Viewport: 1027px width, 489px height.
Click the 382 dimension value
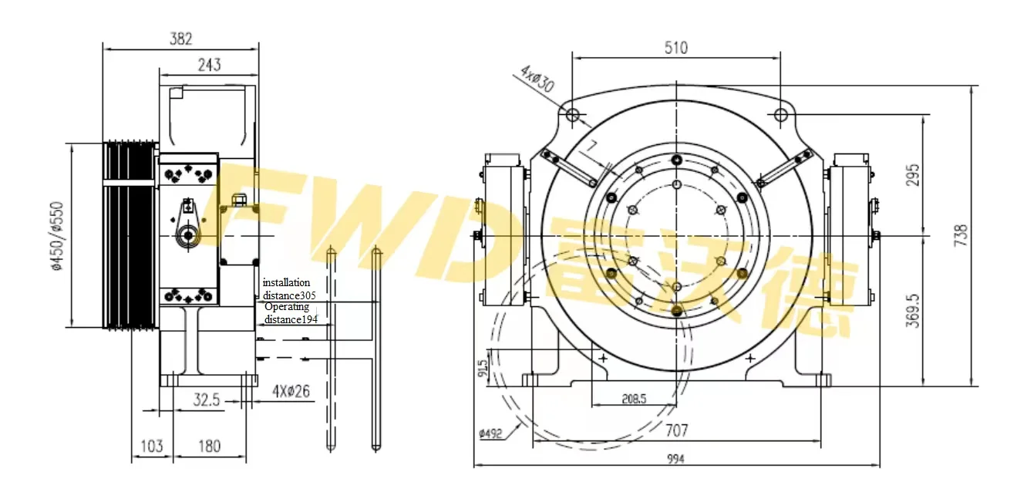click(x=181, y=39)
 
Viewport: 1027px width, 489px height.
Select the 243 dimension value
click(x=208, y=65)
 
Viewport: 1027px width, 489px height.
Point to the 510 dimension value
click(x=675, y=48)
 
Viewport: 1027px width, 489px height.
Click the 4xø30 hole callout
click(x=537, y=79)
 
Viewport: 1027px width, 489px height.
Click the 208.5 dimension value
click(x=634, y=400)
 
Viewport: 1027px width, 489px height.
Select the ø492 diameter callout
click(x=490, y=433)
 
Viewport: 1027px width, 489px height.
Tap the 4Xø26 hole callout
click(x=291, y=391)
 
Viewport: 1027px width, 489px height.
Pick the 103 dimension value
click(x=152, y=446)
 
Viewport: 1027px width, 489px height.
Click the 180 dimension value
click(x=209, y=446)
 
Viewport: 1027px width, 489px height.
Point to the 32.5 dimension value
click(x=207, y=401)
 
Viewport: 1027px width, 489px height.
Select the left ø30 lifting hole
click(x=572, y=115)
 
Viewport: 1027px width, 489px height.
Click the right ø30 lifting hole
click(x=780, y=115)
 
